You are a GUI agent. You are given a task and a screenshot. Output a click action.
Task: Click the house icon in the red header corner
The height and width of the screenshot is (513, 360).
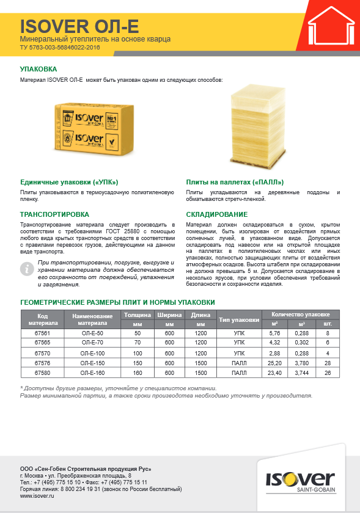pyautogui.click(x=330, y=29)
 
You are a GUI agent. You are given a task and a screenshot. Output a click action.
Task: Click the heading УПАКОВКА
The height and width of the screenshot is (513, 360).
pyautogui.click(x=39, y=70)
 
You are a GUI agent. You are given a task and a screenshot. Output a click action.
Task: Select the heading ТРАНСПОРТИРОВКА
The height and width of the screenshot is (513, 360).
pyautogui.click(x=55, y=214)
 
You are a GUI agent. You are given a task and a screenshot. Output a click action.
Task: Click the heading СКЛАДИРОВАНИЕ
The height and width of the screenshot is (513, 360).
pyautogui.click(x=217, y=214)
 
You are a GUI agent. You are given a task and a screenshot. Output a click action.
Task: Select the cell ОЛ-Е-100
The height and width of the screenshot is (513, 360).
pyautogui.click(x=93, y=353)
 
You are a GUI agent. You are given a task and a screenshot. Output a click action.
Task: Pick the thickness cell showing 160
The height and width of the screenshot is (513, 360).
pyautogui.click(x=137, y=373)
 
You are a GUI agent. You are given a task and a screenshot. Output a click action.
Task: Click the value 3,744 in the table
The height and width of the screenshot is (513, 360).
pyautogui.click(x=301, y=373)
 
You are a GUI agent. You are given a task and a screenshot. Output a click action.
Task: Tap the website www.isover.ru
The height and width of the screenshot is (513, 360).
pyautogui.click(x=35, y=496)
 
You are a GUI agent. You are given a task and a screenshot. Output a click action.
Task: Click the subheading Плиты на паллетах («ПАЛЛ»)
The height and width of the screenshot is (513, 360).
pyautogui.click(x=235, y=182)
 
